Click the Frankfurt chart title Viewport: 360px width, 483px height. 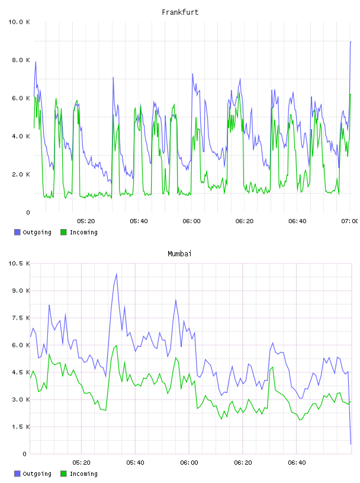pos(180,12)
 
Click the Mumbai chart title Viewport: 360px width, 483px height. pos(179,254)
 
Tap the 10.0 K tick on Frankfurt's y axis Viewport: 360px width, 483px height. pos(19,22)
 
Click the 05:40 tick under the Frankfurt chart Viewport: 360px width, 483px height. pos(139,221)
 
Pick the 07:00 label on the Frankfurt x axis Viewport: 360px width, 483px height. pos(349,221)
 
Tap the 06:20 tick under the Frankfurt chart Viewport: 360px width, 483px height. pos(245,221)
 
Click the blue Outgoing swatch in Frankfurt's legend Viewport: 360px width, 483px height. pos(17,232)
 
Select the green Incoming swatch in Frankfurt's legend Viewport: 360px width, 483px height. pos(63,232)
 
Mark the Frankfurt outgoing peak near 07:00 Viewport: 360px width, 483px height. pos(351,41)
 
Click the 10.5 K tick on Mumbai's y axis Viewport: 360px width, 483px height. pos(19,263)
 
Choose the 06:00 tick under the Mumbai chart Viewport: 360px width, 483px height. pos(189,463)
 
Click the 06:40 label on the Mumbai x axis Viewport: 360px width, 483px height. pos(297,463)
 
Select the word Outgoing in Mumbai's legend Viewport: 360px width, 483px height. pos(37,474)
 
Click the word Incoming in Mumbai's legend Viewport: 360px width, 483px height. pos(83,474)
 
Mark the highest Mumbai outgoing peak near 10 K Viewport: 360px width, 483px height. pos(117,273)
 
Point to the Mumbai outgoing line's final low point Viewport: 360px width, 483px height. pos(351,444)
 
